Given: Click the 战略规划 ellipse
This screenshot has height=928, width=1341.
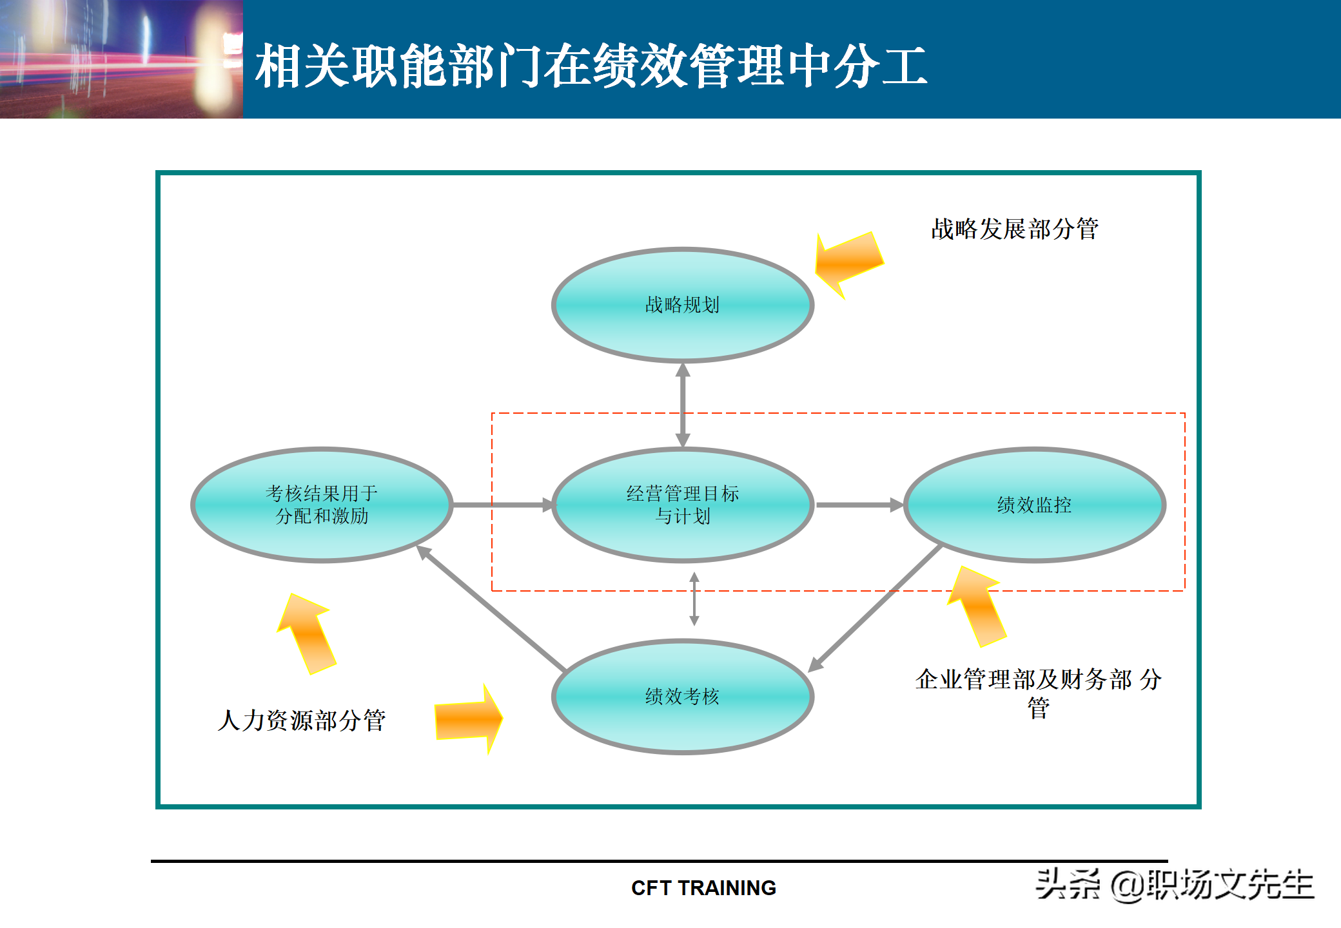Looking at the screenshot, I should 682,305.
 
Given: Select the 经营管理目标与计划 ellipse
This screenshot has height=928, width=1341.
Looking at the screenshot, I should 682,505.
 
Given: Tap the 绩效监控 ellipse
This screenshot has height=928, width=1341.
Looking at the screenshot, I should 1034,505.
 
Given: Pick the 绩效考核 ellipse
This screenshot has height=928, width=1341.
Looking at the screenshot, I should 682,696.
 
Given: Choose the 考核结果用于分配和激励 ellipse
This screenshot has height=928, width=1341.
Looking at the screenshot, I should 321,505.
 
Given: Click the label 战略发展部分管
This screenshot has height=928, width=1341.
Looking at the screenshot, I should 1014,229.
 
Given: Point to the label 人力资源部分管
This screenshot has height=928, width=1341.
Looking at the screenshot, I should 302,720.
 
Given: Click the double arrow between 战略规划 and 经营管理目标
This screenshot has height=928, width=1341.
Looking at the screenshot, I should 683,405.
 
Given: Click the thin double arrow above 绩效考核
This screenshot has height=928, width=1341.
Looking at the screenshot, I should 694,599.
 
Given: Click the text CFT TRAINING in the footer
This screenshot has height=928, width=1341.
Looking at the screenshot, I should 703,888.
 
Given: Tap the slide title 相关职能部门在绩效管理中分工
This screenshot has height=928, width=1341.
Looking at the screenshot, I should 591,66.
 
